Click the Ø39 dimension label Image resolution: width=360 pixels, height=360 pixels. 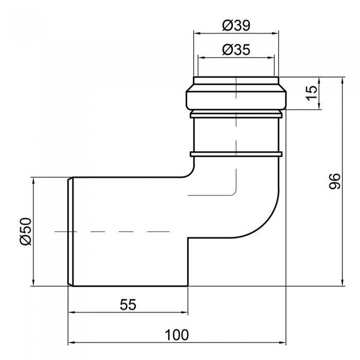point(236,24)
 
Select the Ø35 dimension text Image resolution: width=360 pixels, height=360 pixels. point(236,49)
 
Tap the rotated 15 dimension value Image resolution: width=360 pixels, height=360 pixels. point(310,93)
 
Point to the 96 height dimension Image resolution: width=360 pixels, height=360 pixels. point(335,182)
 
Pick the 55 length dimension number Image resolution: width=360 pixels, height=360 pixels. point(128,304)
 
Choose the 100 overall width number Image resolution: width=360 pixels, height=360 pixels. point(176,335)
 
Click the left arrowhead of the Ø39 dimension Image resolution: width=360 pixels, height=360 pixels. point(196,32)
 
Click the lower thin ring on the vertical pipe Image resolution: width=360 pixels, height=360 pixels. point(236,153)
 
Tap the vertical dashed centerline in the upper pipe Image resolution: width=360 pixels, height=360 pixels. point(236,134)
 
